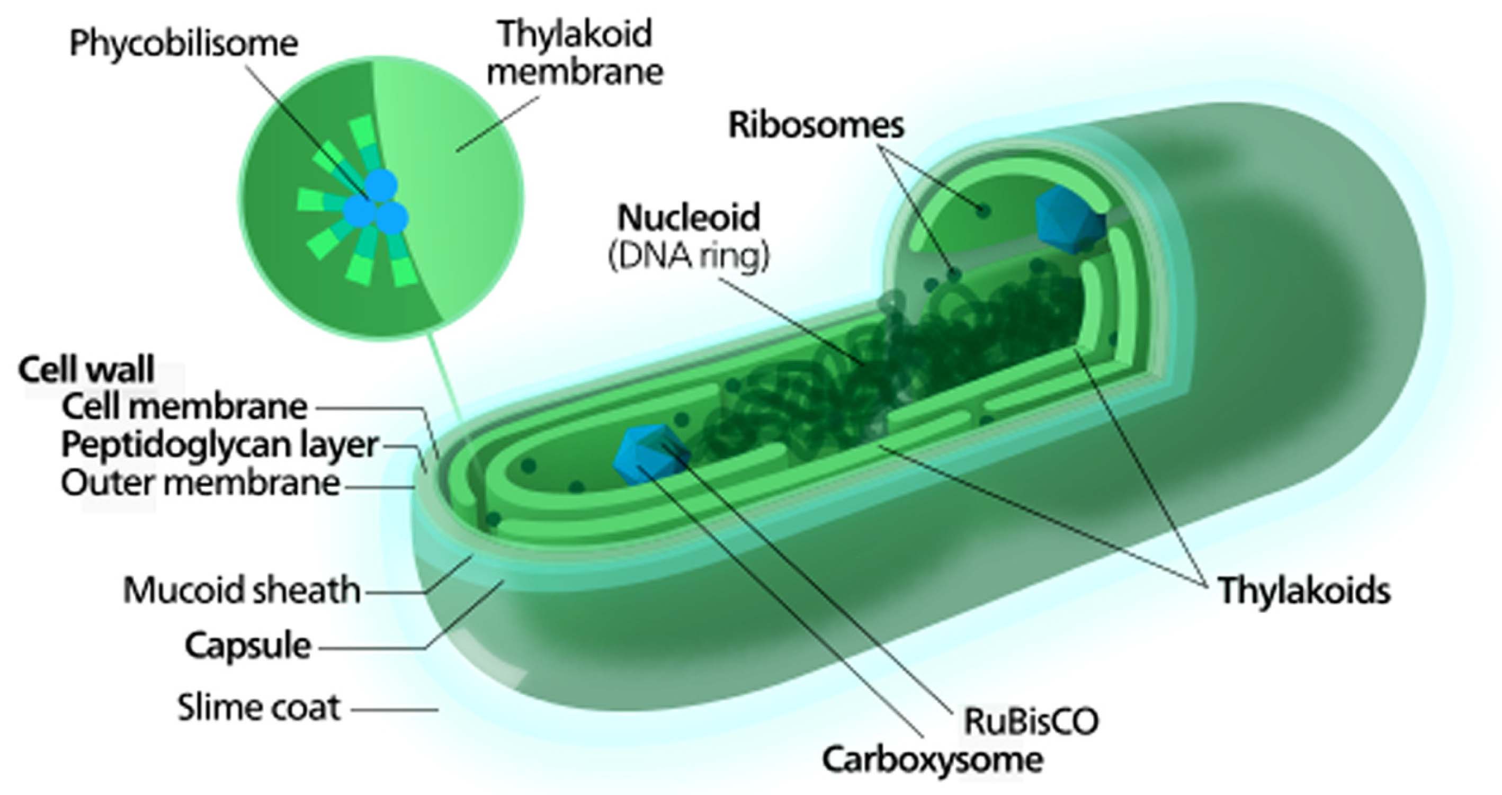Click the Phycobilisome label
pos(184,44)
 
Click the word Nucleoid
pos(689,218)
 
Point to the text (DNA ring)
pos(689,255)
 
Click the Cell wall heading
pos(86,369)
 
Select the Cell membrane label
pos(184,407)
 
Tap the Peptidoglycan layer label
pos(220,445)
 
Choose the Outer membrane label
pos(201,484)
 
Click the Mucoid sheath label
pos(242,589)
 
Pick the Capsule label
pos(248,646)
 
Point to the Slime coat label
pos(259,708)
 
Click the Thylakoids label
pos(1304,591)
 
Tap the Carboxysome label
pos(932,760)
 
